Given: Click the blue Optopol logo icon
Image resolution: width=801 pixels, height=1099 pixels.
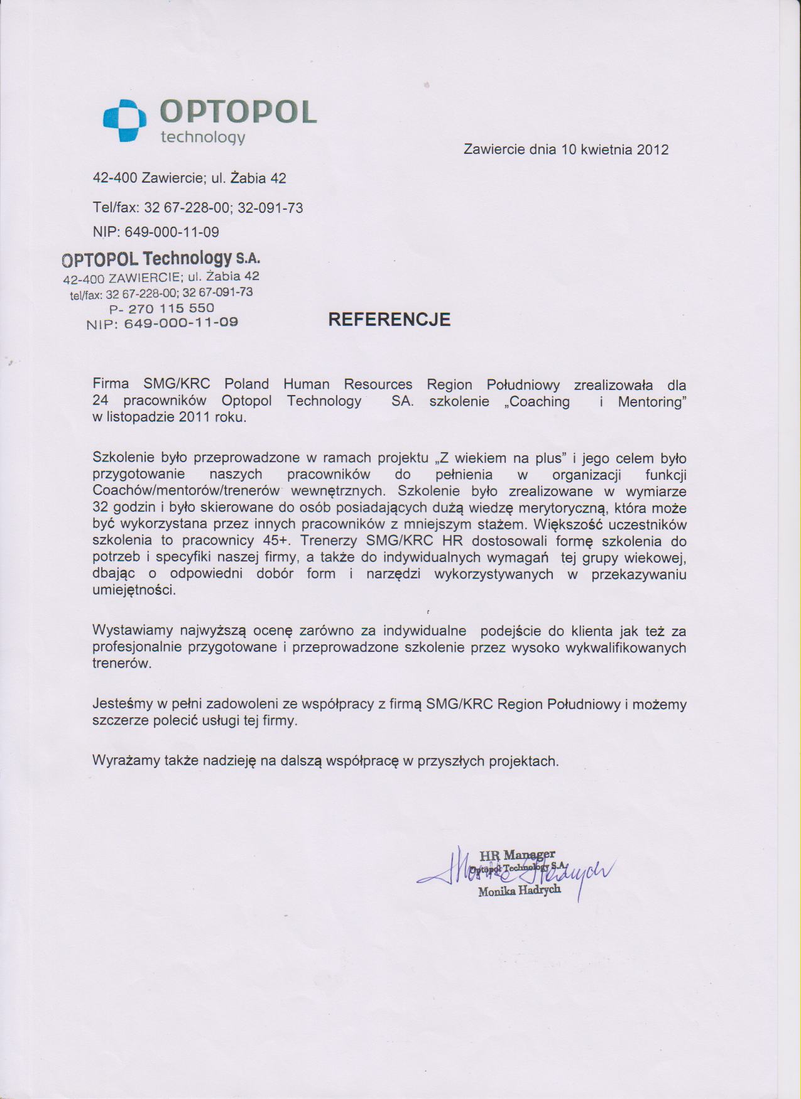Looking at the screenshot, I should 124,121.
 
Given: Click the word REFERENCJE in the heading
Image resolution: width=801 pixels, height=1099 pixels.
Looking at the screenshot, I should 390,320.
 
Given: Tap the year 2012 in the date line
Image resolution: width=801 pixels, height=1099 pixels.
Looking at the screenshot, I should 653,149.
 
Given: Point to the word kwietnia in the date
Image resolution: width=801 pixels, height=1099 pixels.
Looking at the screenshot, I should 606,149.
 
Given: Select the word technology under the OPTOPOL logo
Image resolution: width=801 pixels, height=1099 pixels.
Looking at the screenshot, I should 203,138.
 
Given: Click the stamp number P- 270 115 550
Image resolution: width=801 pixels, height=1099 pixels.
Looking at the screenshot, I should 161,308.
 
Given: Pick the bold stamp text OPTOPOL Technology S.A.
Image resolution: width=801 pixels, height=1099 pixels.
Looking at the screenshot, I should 161,259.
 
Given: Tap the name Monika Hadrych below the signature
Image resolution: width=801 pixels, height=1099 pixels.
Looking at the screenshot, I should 520,891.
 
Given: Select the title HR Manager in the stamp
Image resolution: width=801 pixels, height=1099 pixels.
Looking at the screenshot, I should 517,855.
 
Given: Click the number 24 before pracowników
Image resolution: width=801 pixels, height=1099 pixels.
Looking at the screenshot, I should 100,401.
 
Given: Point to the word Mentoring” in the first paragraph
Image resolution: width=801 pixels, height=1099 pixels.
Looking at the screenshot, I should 651,401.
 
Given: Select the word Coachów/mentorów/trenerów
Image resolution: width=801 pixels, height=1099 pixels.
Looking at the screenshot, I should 186,491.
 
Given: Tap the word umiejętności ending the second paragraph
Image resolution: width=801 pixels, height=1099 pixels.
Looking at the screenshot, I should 134,590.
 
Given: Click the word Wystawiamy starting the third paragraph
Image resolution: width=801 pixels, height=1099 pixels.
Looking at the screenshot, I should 133,631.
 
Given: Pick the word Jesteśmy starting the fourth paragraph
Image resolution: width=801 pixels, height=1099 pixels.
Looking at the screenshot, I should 123,704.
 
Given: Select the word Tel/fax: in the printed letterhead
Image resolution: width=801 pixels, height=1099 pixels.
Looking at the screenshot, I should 116,208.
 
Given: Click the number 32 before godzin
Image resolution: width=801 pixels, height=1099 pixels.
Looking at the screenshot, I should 100,507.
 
